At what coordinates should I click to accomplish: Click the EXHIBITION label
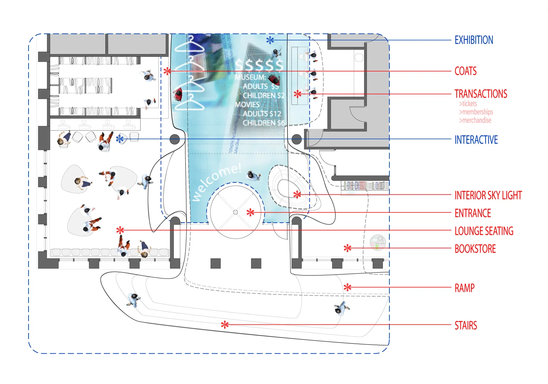pos(473,40)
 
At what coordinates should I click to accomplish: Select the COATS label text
pos(465,71)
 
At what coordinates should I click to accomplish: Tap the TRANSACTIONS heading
pos(481,94)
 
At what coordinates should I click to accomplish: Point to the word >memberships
pos(476,112)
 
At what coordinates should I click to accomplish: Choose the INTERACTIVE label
pos(476,140)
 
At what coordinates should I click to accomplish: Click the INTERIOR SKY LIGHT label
pos(488,195)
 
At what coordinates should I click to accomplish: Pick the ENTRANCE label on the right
pos(473,213)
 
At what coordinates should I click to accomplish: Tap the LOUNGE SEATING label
pos(484,231)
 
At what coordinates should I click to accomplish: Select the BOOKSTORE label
pos(475,249)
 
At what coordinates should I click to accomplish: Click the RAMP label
pos(464,288)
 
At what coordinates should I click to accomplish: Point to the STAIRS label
pos(465,325)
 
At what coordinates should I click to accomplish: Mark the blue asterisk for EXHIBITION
pos(270,40)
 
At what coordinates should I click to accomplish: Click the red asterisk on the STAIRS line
pos(225,324)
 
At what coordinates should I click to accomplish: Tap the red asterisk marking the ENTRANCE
pos(250,212)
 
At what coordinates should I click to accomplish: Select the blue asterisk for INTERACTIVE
pos(120,139)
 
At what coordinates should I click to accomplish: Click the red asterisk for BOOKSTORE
pos(347,248)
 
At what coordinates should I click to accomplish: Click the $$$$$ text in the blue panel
pos(260,65)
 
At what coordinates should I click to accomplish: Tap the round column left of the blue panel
pos(175,139)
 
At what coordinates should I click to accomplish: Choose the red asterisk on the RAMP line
pos(347,287)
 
